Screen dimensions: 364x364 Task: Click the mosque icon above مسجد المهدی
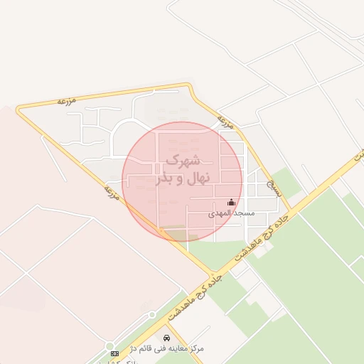pyautogui.click(x=230, y=203)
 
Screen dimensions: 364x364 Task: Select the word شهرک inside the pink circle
pyautogui.click(x=183, y=161)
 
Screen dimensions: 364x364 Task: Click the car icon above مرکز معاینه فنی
pyautogui.click(x=166, y=338)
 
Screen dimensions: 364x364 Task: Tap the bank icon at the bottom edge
pyautogui.click(x=114, y=353)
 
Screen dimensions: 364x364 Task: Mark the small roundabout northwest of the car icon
pyautogui.click(x=151, y=314)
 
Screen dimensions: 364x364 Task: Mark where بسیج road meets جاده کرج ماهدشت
pyautogui.click(x=291, y=210)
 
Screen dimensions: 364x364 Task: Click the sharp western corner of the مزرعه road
pyautogui.click(x=19, y=109)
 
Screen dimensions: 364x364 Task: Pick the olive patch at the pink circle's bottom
pyautogui.click(x=175, y=234)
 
